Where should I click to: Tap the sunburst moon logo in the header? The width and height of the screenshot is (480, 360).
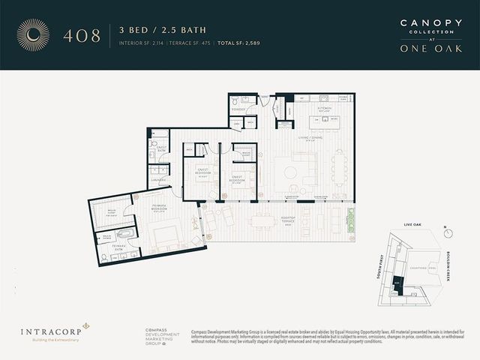[x=33, y=34]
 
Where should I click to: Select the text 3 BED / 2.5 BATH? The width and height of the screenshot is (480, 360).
[x=163, y=30]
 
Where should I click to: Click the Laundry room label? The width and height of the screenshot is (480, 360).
[x=157, y=180]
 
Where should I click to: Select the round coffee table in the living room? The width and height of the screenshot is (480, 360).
[x=290, y=172]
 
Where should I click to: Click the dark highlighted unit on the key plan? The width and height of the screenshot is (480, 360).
[x=397, y=284]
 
